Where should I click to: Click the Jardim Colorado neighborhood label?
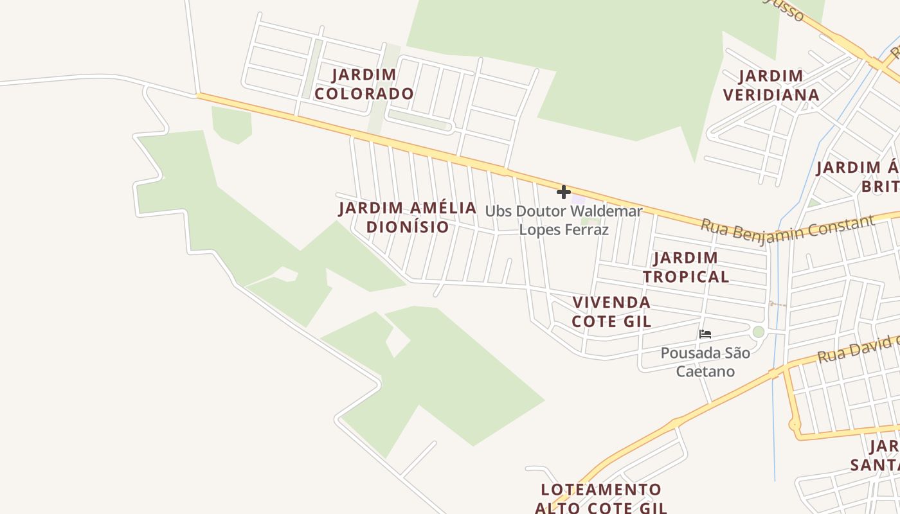[364, 84]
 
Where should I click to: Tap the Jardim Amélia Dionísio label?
[408, 217]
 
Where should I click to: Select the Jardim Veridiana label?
[771, 85]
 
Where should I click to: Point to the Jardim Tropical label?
[686, 267]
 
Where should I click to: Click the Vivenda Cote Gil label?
[611, 312]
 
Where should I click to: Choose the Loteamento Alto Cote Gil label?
[601, 499]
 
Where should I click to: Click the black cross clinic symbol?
[564, 191]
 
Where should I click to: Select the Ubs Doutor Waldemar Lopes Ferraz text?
[564, 220]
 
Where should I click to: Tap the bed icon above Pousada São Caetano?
[705, 334]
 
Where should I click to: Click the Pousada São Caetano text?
[705, 362]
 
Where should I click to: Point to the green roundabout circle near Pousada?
[759, 332]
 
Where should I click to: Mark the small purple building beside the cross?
[578, 200]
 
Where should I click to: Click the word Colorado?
[364, 94]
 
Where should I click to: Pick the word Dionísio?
[408, 227]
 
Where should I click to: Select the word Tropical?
[686, 277]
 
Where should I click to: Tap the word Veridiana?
[771, 95]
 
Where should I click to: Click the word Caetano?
[705, 371]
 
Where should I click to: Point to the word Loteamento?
[601, 490]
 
